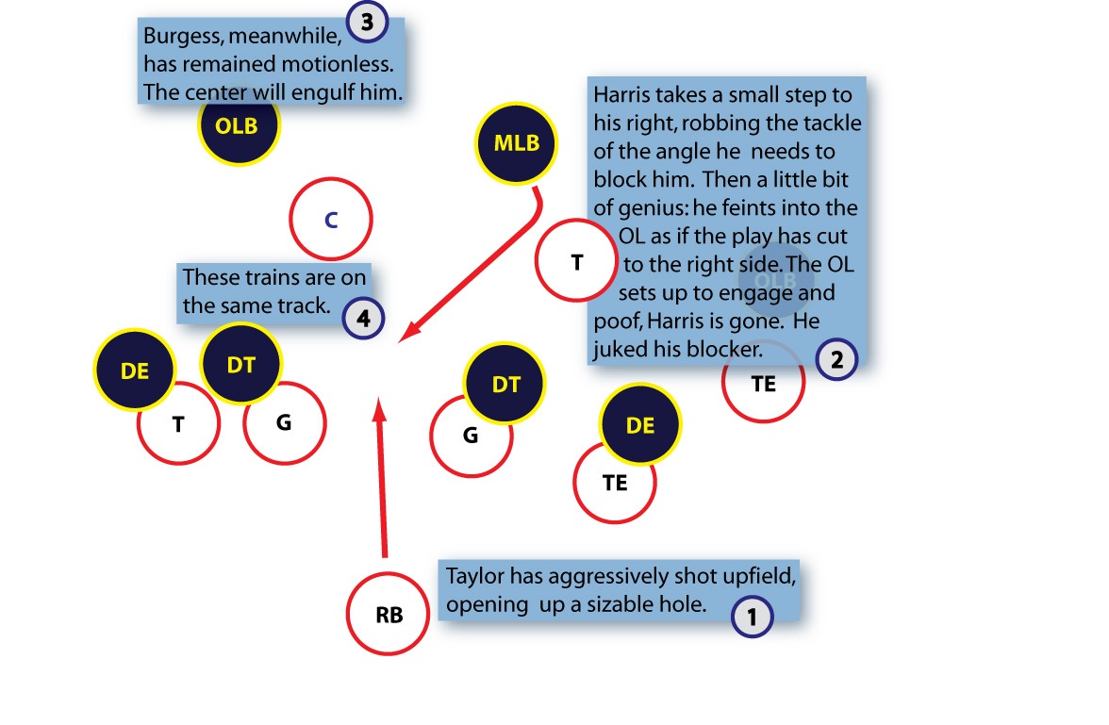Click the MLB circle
pyautogui.click(x=517, y=143)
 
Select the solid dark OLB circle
pyautogui.click(x=239, y=125)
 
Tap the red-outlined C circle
pyautogui.click(x=331, y=220)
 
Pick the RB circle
pyautogui.click(x=388, y=615)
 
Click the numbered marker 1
pyautogui.click(x=752, y=617)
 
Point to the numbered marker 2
pyautogui.click(x=836, y=358)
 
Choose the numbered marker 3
pyautogui.click(x=367, y=22)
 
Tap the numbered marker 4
pyautogui.click(x=363, y=318)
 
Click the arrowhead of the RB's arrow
pyautogui.click(x=380, y=407)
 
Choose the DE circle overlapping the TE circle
pyautogui.click(x=640, y=425)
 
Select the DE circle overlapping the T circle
pyautogui.click(x=135, y=371)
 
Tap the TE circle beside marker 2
pyautogui.click(x=764, y=385)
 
